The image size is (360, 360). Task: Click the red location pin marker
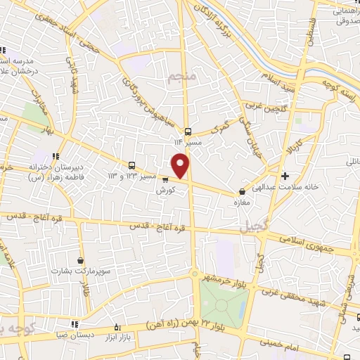pos(181,165)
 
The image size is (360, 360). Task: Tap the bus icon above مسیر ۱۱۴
pos(188,131)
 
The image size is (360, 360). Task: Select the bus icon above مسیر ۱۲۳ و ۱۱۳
pos(132,165)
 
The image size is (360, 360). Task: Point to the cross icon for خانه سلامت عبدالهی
pos(284,176)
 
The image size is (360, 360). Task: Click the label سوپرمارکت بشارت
pos(80,271)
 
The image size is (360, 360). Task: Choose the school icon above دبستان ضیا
pos(75,324)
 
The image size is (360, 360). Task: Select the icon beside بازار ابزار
pos(117,328)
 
